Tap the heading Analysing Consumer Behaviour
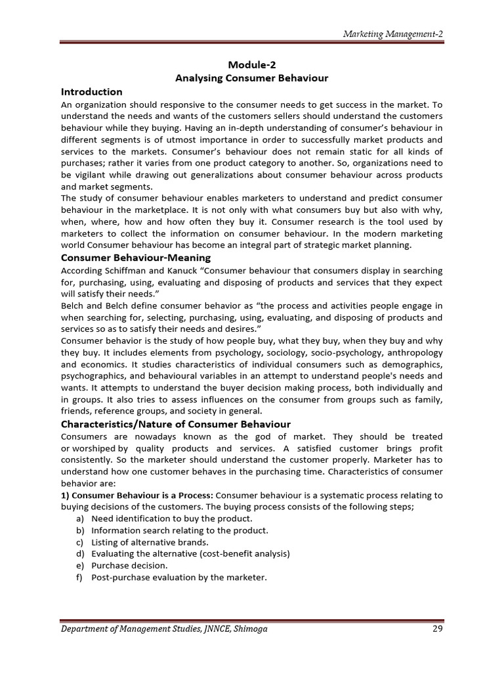(251, 78)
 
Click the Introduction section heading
(91, 92)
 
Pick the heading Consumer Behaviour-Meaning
(136, 258)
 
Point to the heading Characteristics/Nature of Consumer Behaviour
(175, 424)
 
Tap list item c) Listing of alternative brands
(149, 542)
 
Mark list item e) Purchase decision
(129, 565)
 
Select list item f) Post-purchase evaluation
(179, 577)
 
